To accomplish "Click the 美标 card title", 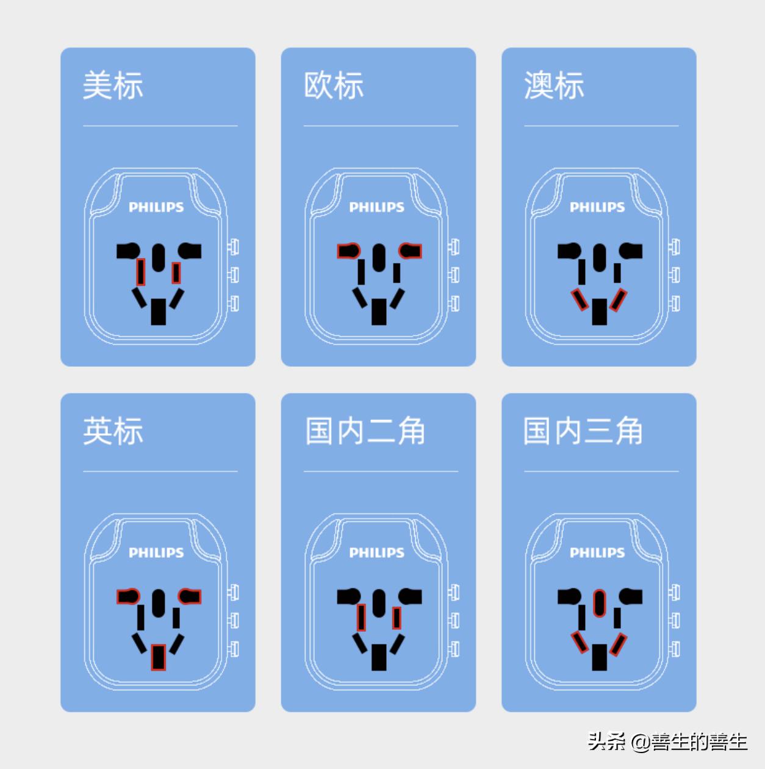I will (x=113, y=85).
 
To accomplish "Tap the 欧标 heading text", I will (x=334, y=85).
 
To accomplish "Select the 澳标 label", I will (x=554, y=85).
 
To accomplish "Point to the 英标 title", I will (x=113, y=431).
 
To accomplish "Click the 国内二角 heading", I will (x=365, y=431).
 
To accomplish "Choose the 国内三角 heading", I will (x=583, y=431).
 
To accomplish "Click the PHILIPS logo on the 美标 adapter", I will (x=156, y=208).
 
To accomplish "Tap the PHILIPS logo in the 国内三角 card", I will (x=597, y=553).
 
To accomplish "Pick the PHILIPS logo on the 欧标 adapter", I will (x=376, y=208).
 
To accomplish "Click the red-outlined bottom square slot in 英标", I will (x=159, y=657).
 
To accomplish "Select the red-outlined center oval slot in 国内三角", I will (x=600, y=603).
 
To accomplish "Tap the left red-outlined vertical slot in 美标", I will (x=140, y=272).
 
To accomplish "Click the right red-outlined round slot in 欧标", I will (x=411, y=250).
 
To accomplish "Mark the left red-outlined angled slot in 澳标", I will (x=579, y=300).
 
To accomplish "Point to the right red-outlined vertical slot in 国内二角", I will (x=397, y=618).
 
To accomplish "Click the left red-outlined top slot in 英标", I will (x=128, y=596).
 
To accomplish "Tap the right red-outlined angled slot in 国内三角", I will (x=619, y=644).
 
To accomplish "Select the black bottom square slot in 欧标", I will (x=379, y=312).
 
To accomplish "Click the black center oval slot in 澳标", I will (x=600, y=258).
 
